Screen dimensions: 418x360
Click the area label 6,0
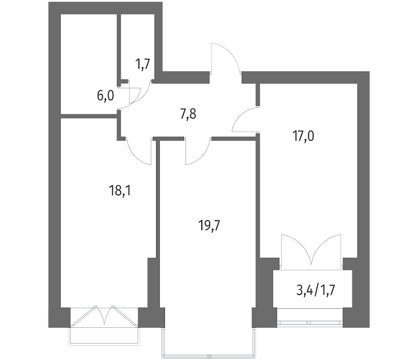pyautogui.click(x=105, y=96)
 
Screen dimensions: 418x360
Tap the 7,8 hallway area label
pyautogui.click(x=188, y=114)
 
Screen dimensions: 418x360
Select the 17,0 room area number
pyautogui.click(x=303, y=136)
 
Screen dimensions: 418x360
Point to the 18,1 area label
pyautogui.click(x=120, y=190)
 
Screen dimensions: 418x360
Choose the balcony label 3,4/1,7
pyautogui.click(x=316, y=291)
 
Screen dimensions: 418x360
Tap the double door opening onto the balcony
pyautogui.click(x=311, y=250)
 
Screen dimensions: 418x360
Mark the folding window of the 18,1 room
pyautogui.click(x=104, y=317)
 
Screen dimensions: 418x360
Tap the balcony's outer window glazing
pyautogui.click(x=310, y=322)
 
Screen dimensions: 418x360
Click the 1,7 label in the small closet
pyautogui.click(x=143, y=64)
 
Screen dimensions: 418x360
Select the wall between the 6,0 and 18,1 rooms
pyautogui.click(x=89, y=116)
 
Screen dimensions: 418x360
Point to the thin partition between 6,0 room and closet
pyautogui.click(x=119, y=48)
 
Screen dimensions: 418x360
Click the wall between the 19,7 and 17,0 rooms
pyautogui.click(x=257, y=197)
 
